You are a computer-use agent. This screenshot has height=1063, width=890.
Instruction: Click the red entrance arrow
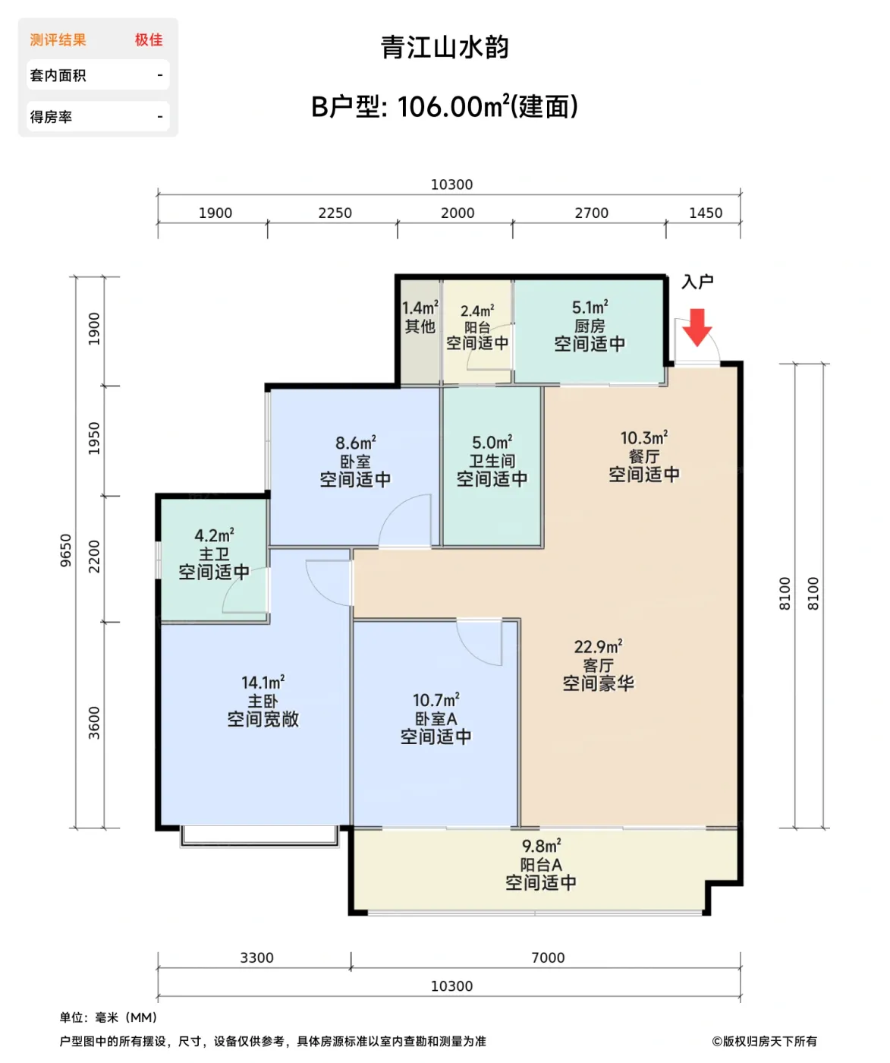click(x=697, y=327)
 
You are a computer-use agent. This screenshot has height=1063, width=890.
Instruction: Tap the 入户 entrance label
click(x=697, y=282)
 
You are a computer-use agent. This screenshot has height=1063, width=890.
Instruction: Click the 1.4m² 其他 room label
click(x=420, y=317)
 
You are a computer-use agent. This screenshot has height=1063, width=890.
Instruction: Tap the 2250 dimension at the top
click(x=335, y=213)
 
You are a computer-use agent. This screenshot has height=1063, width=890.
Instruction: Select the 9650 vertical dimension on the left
click(x=66, y=550)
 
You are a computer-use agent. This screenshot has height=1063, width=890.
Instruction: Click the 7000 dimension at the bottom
click(x=548, y=957)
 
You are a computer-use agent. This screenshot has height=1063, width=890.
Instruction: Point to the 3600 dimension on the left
click(x=94, y=723)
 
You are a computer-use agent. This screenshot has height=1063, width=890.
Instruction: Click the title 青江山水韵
click(x=445, y=47)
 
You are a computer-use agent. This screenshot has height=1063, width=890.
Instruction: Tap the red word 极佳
click(x=149, y=39)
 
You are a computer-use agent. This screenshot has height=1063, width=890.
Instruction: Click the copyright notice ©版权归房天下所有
click(x=764, y=1041)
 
